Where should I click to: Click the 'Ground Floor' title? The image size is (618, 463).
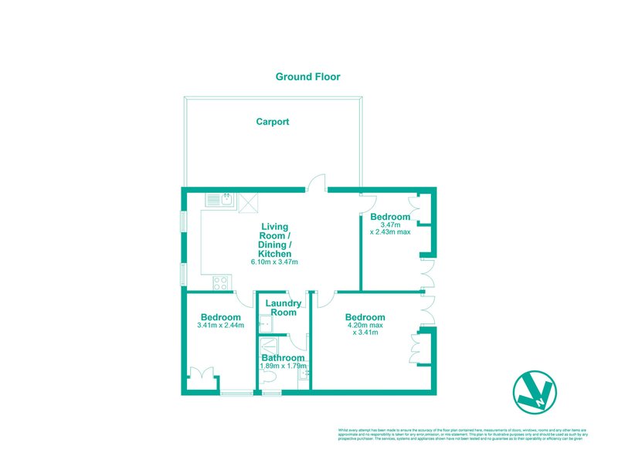[308, 76]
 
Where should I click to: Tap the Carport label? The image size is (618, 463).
[273, 122]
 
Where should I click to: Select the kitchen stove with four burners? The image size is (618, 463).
[217, 282]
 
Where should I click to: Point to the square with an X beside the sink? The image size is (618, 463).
[249, 202]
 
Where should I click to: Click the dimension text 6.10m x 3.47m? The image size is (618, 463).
[274, 262]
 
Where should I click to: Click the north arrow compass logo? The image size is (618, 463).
[535, 392]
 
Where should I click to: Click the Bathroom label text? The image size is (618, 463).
[282, 358]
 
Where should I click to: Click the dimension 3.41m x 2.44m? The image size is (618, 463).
[220, 326]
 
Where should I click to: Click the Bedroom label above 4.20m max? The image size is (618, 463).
[365, 317]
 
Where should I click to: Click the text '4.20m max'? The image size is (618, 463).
[365, 326]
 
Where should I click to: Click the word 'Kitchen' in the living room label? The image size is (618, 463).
[274, 254]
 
